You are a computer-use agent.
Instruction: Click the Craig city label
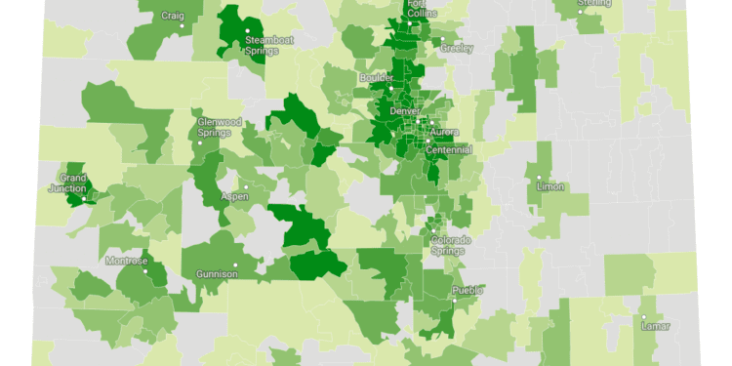(172, 16)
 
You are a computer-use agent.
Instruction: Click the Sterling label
(593, 3)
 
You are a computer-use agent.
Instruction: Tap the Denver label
(405, 110)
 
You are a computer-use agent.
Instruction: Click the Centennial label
(449, 150)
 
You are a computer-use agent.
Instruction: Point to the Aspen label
(235, 196)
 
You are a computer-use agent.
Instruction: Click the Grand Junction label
(73, 183)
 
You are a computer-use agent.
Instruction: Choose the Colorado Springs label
(451, 245)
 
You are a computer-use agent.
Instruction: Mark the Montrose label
(128, 261)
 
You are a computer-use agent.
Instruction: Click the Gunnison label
(217, 274)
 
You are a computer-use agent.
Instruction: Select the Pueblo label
(468, 291)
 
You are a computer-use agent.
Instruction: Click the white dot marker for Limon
(539, 178)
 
